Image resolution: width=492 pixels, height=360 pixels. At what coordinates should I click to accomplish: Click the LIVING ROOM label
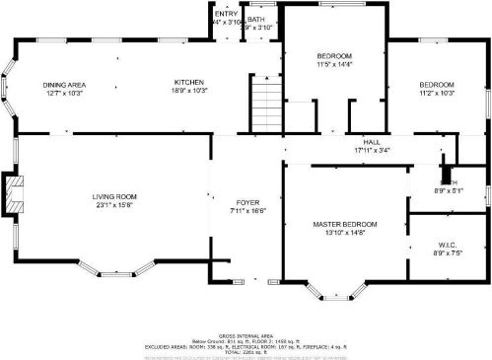pos(115,196)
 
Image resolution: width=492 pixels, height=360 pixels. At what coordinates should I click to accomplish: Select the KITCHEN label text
pos(188,82)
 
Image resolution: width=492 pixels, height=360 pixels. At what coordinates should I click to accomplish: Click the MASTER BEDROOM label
pos(345,225)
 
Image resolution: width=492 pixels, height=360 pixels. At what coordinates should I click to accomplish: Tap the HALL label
pos(371,142)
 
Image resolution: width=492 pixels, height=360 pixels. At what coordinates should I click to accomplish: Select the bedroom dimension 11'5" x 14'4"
pos(333,65)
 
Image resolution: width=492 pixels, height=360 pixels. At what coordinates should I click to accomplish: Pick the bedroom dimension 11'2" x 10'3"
pos(436,94)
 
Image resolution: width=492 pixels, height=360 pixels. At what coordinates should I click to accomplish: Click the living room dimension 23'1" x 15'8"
pos(115,205)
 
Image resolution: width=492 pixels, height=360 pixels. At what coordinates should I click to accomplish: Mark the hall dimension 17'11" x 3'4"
pos(371,151)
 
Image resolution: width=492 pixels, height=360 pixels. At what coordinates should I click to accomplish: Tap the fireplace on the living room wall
pos(13,194)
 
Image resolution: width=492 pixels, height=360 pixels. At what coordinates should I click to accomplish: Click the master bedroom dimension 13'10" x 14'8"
pos(345,234)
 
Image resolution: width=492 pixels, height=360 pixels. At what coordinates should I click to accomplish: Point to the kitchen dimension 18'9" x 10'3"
pos(188,91)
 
